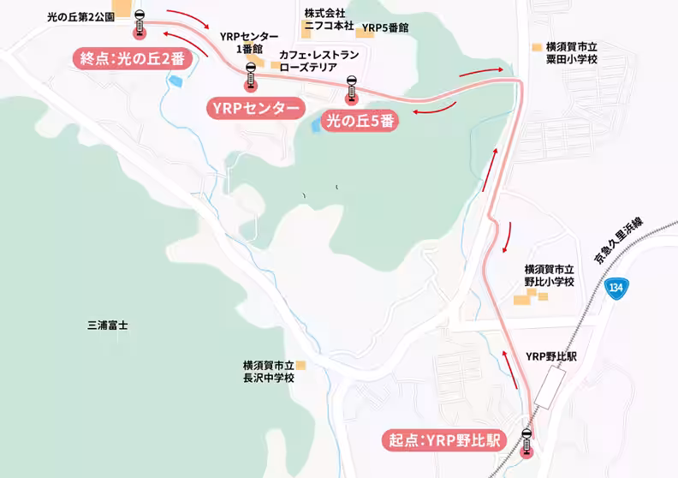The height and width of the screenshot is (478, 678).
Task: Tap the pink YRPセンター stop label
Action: [254, 108]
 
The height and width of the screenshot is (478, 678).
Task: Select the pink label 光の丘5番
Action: [360, 121]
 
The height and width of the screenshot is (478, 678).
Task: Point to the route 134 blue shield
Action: [616, 286]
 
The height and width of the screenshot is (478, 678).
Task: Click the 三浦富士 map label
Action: [108, 326]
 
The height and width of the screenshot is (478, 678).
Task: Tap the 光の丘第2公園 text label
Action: [80, 15]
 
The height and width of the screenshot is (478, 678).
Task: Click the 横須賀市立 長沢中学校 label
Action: [268, 370]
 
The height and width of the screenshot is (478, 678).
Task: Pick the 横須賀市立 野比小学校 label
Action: [549, 275]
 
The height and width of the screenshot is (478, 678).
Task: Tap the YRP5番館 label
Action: [385, 28]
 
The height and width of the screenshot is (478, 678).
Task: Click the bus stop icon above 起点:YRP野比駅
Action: [527, 440]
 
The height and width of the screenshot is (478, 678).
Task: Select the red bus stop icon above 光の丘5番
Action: [350, 91]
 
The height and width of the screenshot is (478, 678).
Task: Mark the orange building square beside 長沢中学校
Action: [300, 365]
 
